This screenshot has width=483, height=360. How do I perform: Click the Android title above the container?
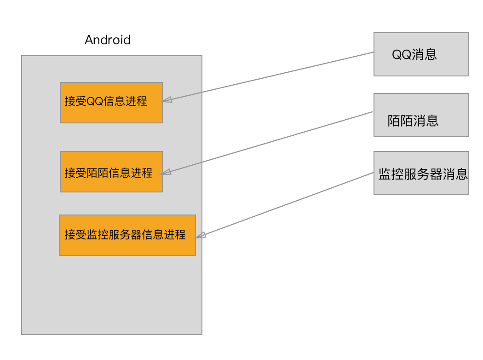tap(108, 40)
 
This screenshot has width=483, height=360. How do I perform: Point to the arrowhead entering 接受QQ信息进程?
tap(167, 99)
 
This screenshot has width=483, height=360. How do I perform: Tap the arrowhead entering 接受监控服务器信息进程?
tap(201, 235)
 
